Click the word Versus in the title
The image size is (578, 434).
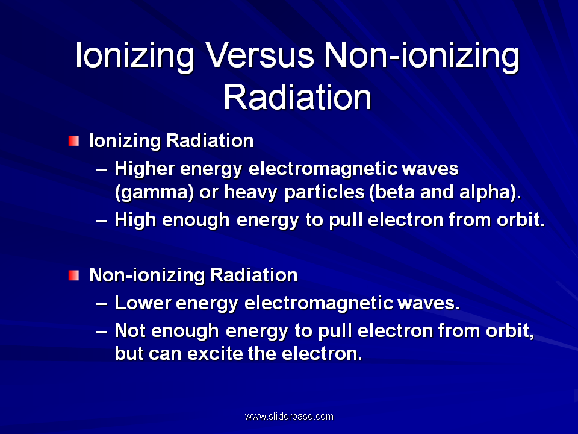click(259, 55)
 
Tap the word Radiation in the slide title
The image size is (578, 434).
click(297, 97)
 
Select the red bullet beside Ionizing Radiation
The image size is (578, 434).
click(73, 141)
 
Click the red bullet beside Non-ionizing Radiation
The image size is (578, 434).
click(73, 275)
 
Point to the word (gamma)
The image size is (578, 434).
click(154, 192)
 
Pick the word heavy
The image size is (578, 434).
click(250, 193)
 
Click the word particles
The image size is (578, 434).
click(325, 192)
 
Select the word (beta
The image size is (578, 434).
click(391, 192)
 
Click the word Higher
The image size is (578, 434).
click(144, 169)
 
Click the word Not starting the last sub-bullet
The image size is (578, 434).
click(131, 330)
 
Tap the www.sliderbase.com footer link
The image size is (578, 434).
click(289, 417)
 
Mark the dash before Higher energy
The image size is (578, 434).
click(102, 170)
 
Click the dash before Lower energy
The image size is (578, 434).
click(102, 304)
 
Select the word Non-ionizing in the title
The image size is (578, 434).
click(421, 55)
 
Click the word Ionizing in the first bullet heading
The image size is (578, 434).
click(125, 141)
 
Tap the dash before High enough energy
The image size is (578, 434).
click(102, 221)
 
